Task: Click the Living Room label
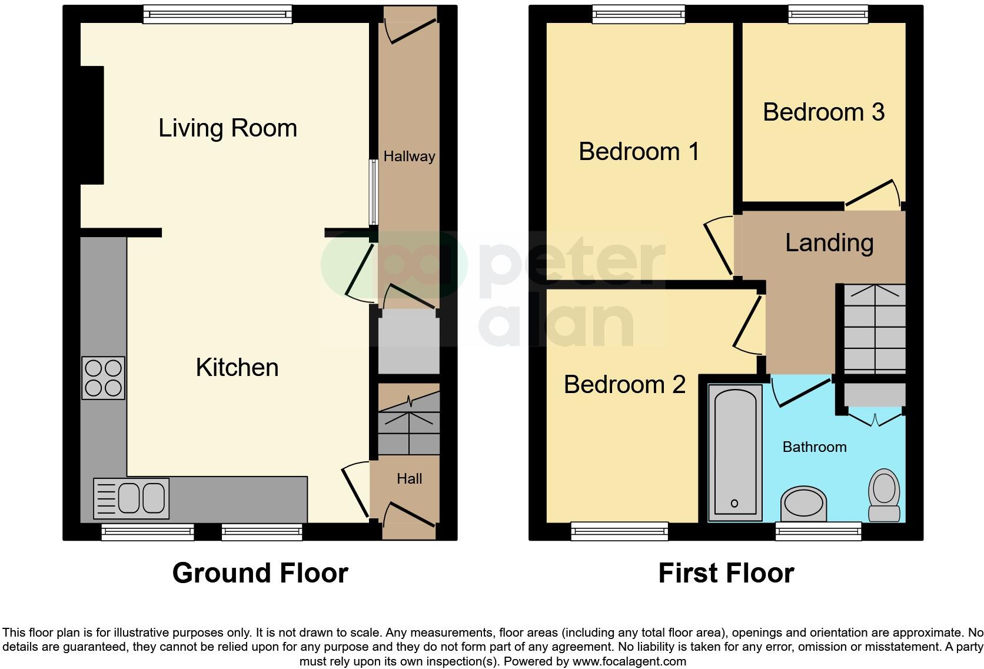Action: [228, 128]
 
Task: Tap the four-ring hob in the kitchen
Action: [104, 378]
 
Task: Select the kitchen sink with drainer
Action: [131, 498]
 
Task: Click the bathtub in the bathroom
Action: [735, 452]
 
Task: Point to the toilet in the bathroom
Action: [884, 494]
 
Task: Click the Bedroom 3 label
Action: [823, 112]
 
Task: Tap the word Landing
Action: [829, 242]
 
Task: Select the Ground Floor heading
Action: [260, 573]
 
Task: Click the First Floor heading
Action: [726, 573]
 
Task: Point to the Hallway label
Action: [409, 157]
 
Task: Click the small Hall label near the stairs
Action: [409, 479]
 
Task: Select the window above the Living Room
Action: [218, 14]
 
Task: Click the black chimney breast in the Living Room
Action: [92, 125]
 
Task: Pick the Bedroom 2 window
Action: [620, 531]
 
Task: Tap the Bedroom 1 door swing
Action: [718, 246]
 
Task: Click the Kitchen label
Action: [237, 368]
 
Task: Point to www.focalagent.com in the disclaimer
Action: [629, 661]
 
